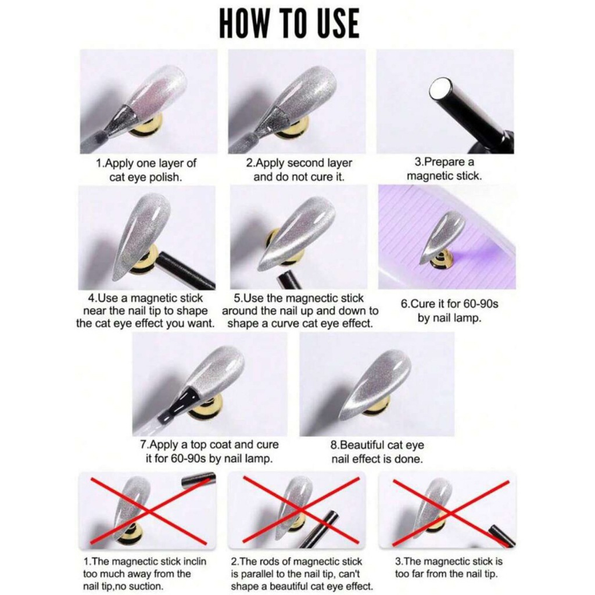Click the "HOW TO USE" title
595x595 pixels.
coord(289,23)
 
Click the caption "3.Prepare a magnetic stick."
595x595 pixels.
coord(445,169)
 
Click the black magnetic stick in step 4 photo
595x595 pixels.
coord(185,270)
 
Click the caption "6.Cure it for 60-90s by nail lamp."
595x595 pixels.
coord(449,311)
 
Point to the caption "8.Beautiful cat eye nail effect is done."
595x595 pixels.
coord(377,452)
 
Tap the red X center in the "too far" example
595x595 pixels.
coord(451,513)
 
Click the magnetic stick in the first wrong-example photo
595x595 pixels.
coord(199,480)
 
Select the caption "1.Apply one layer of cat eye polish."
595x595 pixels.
coord(146,170)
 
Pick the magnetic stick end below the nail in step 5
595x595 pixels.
coord(288,280)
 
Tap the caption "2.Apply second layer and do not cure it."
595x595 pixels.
coord(299,170)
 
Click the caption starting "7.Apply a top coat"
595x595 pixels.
coord(209,451)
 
